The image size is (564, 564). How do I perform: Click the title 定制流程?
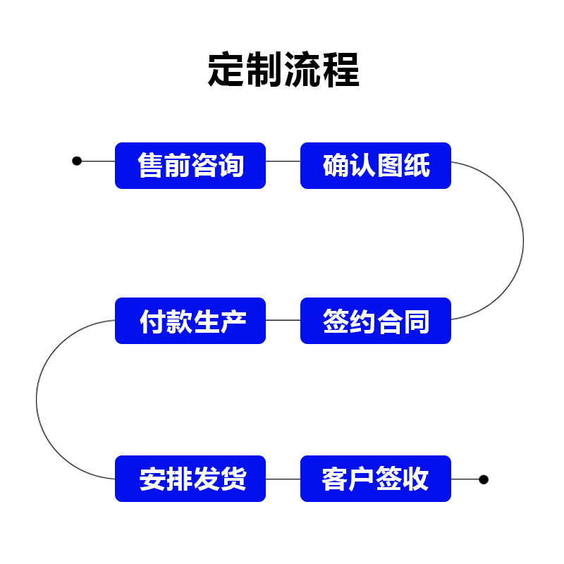(x=283, y=70)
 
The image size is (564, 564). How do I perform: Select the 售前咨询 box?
(x=190, y=166)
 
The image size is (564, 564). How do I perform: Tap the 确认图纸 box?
(x=376, y=166)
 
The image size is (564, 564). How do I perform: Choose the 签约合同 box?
(x=376, y=321)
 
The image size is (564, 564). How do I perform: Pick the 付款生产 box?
(x=190, y=321)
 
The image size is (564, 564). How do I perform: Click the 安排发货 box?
(x=190, y=479)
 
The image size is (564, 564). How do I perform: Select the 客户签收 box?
(x=376, y=479)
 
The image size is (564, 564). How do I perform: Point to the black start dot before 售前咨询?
(x=77, y=161)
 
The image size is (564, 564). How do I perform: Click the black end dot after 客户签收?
(x=484, y=479)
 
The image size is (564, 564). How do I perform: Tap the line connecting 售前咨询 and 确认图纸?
(x=283, y=161)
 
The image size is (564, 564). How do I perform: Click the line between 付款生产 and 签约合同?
(x=283, y=320)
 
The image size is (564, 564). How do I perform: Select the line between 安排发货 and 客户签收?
(x=283, y=479)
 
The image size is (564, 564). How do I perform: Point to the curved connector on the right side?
(x=523, y=240)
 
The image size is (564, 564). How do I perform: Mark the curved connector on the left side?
(x=37, y=400)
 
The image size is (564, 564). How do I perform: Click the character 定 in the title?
(x=227, y=70)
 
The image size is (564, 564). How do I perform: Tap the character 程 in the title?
(x=341, y=70)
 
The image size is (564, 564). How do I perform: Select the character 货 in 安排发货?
(x=233, y=479)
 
